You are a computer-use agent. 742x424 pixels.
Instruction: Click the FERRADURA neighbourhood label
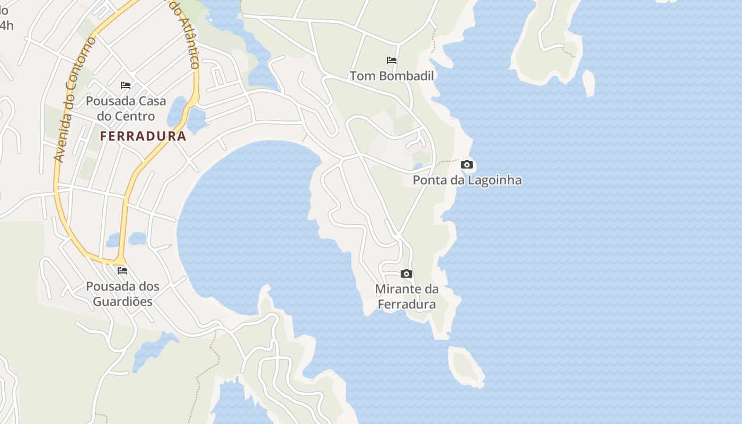(143, 136)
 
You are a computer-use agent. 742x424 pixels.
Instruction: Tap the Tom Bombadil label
(392, 76)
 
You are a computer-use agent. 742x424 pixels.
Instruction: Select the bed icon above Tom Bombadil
(392, 60)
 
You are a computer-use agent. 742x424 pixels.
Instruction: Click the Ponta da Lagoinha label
(467, 180)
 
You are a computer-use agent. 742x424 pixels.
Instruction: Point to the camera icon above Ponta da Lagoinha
(467, 165)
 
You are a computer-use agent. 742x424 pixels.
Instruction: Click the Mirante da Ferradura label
(407, 297)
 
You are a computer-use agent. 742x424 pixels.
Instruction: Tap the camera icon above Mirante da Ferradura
(407, 274)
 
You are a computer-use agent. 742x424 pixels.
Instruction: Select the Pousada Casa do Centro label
(126, 109)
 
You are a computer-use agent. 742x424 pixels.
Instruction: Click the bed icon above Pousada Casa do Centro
(126, 85)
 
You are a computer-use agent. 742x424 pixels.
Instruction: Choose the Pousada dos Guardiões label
(122, 294)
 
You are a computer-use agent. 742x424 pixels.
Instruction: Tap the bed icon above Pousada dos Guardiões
(122, 271)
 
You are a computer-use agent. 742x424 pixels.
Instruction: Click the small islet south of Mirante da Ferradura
(466, 366)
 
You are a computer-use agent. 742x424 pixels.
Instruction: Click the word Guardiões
(122, 302)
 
